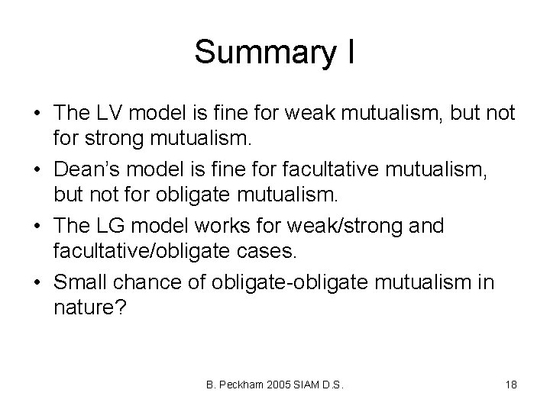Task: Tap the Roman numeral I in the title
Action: coord(348,52)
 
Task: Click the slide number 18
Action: coord(511,385)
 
